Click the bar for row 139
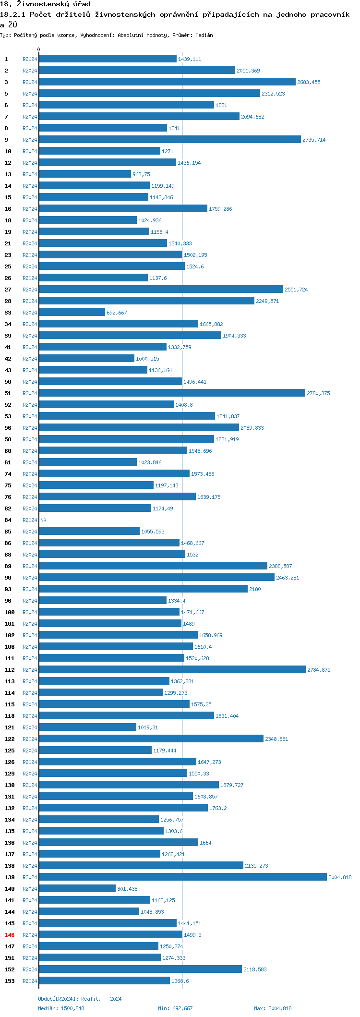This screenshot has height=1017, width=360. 182,877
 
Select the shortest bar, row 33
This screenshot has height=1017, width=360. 72,313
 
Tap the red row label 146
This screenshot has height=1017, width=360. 10,935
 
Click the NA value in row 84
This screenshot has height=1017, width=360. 43,520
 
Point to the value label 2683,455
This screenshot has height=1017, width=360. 309,82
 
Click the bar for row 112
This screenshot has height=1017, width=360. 172,670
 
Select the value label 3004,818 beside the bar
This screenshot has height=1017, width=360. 340,877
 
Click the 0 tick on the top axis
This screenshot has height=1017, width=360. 39,50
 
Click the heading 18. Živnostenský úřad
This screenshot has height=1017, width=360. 45,4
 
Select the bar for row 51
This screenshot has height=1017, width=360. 172,393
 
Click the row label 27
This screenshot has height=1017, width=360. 8,290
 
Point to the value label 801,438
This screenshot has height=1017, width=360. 127,889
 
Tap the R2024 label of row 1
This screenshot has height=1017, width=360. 30,59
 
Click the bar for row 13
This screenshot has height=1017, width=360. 85,174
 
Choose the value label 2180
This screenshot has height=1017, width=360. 255,589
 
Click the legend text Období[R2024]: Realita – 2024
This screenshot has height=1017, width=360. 80,999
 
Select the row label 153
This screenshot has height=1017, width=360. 10,981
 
